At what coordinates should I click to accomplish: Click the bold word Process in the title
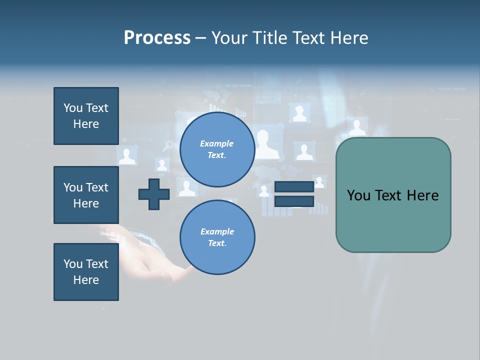157,37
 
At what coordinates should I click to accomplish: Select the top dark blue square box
86,116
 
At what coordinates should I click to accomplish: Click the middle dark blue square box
86,195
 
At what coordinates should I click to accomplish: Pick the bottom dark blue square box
86,272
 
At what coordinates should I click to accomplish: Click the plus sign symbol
154,194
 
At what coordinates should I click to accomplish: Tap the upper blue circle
217,149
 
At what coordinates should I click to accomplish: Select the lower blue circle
217,237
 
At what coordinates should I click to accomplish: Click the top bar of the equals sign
294,186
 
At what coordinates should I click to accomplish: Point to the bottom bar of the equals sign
294,201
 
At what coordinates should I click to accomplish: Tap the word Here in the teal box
422,195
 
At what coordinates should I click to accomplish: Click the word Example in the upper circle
216,143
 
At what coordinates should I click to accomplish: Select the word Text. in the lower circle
217,243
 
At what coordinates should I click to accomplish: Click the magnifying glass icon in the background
168,145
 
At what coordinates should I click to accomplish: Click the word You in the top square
73,108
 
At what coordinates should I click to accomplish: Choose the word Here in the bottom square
86,280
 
